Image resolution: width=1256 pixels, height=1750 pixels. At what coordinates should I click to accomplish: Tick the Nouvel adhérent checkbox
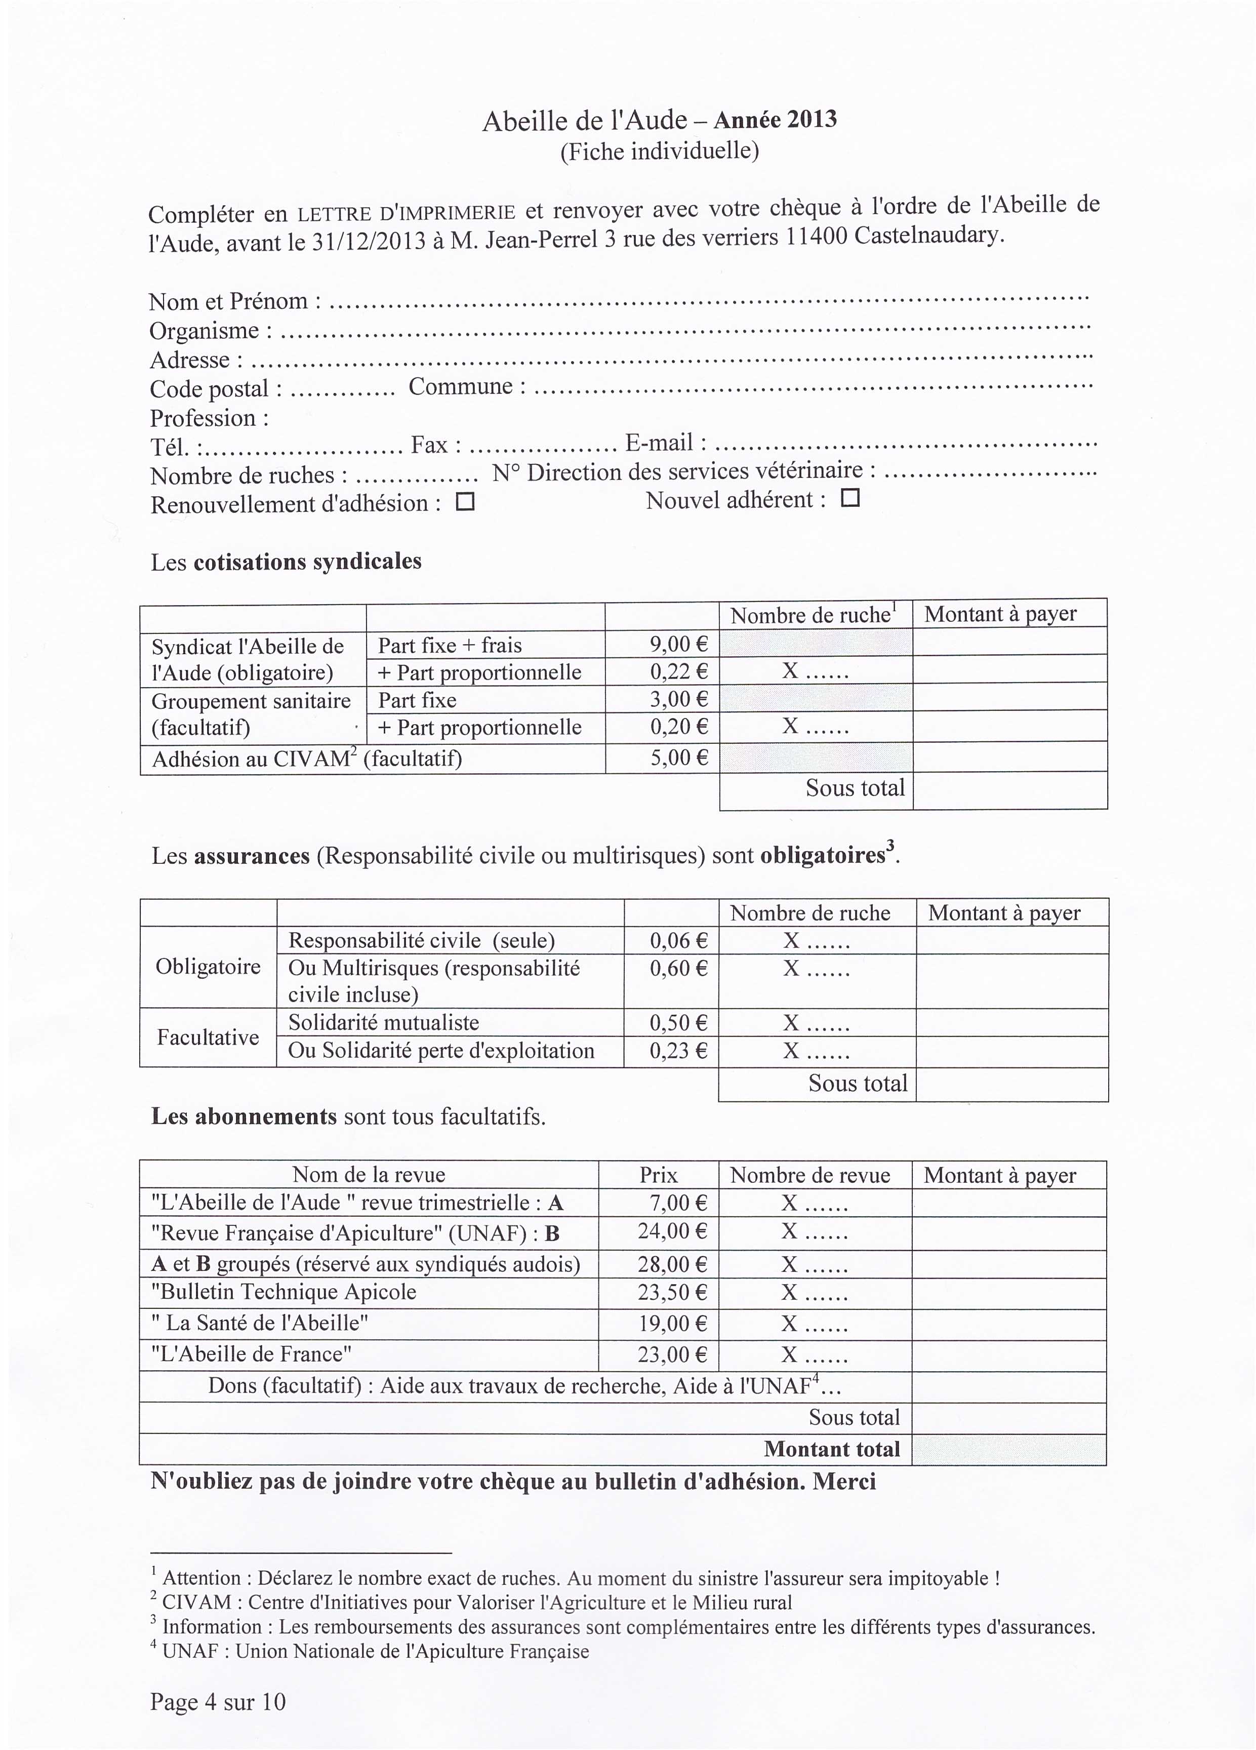(849, 498)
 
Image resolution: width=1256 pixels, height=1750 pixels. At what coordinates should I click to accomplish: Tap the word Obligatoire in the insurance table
(208, 967)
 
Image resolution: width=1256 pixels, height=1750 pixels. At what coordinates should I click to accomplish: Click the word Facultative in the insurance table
(208, 1037)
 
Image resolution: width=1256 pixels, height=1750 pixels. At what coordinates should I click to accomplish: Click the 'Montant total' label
(832, 1449)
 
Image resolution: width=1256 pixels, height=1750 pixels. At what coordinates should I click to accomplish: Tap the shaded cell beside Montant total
(1008, 1449)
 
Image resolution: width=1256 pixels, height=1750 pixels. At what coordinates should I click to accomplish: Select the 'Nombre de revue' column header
(809, 1175)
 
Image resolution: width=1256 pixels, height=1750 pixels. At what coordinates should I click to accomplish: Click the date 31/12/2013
(368, 242)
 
